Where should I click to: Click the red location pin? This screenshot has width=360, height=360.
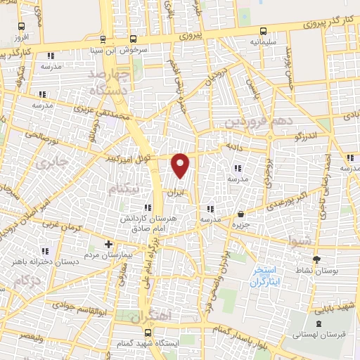[x=181, y=165]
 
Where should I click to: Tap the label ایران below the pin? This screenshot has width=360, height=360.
[x=179, y=191]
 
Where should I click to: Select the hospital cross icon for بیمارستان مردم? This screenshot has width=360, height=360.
[x=108, y=244]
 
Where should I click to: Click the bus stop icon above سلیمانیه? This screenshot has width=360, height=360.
[x=263, y=31]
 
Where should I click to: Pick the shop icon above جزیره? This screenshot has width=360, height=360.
[x=241, y=213]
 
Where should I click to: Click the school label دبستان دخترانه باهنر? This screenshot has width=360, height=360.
[x=42, y=262]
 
